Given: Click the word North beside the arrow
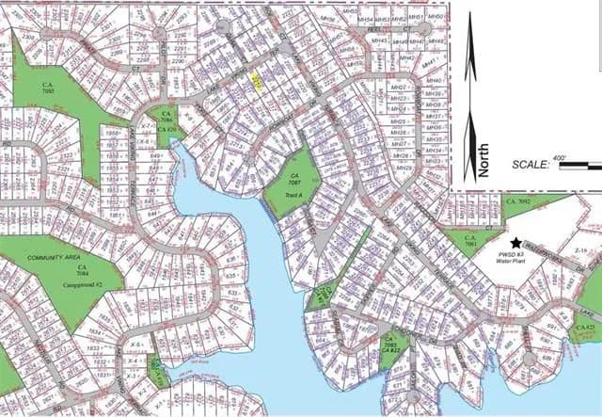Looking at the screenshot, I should click(484, 160).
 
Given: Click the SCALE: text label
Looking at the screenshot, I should click(531, 164).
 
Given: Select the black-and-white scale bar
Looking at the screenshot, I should click(579, 166).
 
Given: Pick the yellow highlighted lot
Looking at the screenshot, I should click(257, 82).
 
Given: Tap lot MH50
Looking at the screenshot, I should click(435, 16).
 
